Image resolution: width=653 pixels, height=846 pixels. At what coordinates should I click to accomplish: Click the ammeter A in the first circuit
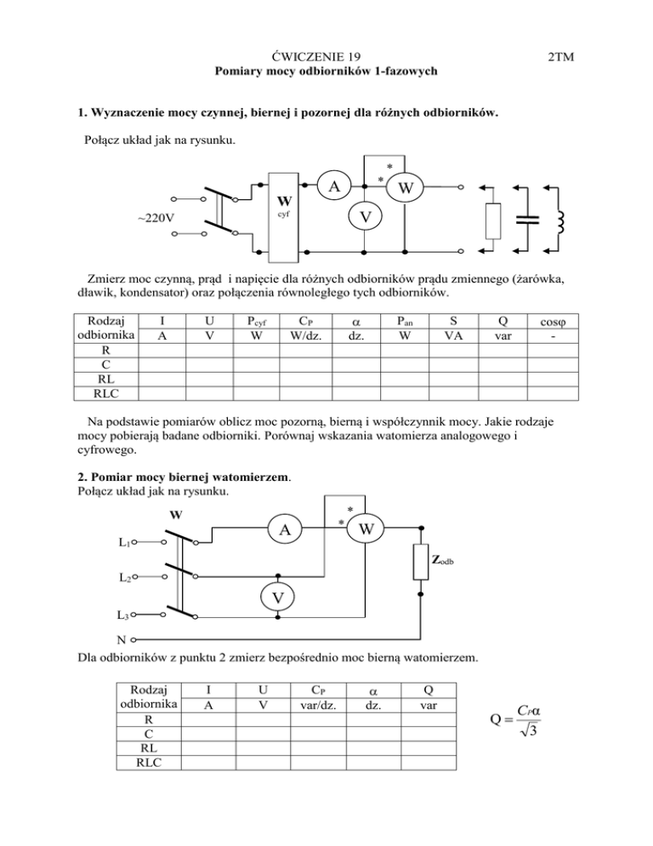pyautogui.click(x=337, y=186)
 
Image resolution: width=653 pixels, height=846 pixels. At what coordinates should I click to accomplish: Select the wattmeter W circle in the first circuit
pyautogui.click(x=405, y=186)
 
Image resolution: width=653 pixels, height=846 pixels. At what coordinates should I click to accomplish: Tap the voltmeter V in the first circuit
pyautogui.click(x=364, y=219)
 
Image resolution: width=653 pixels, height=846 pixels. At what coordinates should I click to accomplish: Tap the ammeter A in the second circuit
pyautogui.click(x=281, y=534)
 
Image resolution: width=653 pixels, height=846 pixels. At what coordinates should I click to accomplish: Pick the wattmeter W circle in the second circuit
pyautogui.click(x=366, y=529)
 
